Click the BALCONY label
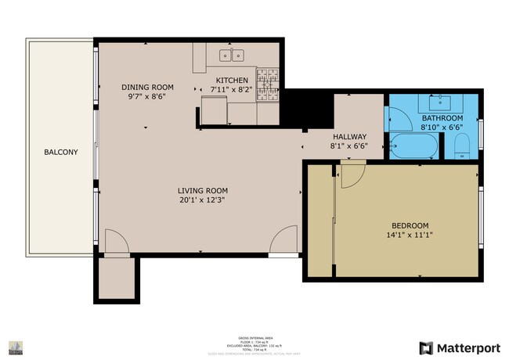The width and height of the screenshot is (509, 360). point(60,152)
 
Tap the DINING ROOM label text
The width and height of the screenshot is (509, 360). point(147,87)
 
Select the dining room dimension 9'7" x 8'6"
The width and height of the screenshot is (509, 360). point(147,98)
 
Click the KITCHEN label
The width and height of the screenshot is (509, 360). point(232,81)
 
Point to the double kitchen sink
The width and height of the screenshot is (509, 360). point(232,56)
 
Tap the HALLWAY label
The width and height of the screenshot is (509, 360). point(349,135)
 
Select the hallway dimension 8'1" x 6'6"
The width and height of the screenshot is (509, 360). point(349,146)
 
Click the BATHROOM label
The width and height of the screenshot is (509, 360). point(442,117)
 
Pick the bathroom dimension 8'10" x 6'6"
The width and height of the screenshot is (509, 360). point(442,127)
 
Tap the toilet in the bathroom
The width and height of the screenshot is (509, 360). point(463,146)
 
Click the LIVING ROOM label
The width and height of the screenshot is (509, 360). point(202,190)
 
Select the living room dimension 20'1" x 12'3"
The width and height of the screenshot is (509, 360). point(202,201)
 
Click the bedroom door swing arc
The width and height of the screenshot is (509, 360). point(352,178)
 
